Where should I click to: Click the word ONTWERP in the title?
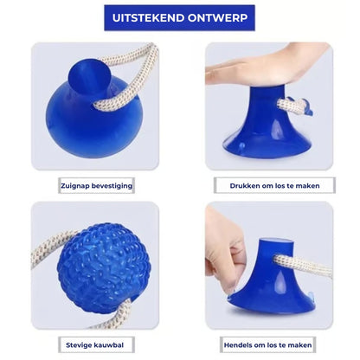coord(219,18)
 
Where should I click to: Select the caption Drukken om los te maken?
coord(268,185)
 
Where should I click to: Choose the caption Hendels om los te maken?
coord(268,344)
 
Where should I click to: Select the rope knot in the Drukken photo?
coord(290,106)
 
